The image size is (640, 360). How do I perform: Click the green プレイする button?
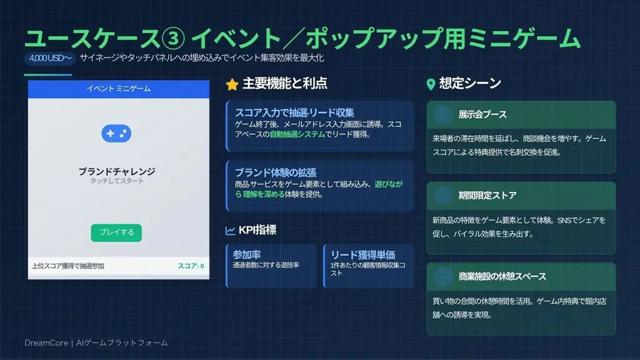[116, 232]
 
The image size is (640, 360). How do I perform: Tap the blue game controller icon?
[116, 133]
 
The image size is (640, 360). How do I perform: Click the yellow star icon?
[232, 84]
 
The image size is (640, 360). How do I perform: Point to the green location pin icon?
[431, 84]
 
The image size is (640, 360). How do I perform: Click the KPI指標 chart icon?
[231, 231]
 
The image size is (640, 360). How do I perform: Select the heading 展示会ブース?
[482, 115]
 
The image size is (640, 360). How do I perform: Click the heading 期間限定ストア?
[487, 196]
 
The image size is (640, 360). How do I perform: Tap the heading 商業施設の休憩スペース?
[502, 276]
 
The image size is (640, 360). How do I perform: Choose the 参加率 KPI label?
[246, 255]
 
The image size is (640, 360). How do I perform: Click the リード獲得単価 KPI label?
[363, 255]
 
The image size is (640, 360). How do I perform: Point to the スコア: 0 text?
[191, 266]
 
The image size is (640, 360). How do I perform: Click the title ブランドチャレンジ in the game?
[117, 171]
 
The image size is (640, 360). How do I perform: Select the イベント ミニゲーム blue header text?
[119, 89]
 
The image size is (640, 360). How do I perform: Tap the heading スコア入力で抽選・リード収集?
[295, 113]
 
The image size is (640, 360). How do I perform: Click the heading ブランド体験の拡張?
[272, 172]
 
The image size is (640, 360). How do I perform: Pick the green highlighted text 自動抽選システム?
[297, 134]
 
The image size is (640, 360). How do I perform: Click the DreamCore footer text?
[96, 343]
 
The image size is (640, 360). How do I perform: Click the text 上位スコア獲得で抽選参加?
[68, 266]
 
